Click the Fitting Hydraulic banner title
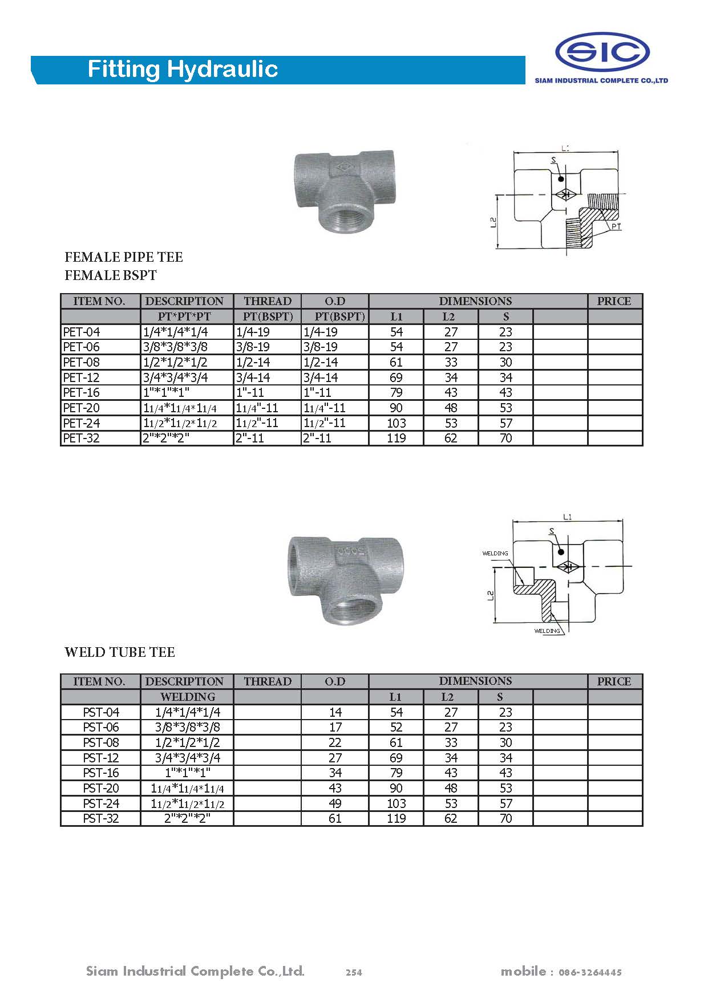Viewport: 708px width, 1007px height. [183, 69]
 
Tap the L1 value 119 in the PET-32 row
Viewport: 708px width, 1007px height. [396, 438]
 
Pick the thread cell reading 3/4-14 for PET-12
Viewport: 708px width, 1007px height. [253, 377]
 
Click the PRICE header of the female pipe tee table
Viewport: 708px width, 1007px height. [614, 301]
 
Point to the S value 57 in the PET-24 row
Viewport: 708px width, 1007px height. [505, 423]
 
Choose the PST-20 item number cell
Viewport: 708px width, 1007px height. [101, 788]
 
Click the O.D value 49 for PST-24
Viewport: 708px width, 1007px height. [335, 803]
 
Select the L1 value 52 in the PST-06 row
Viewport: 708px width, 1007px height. [396, 727]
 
